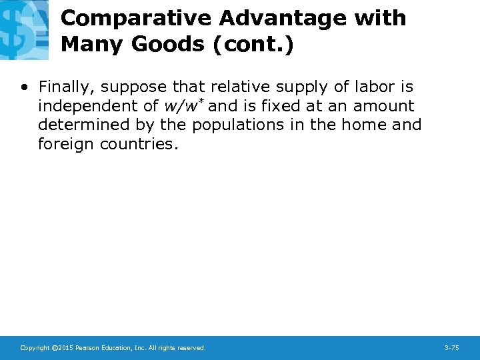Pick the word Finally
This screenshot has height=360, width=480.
(x=66, y=87)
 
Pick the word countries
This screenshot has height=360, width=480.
(x=139, y=143)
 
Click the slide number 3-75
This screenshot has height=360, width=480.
(x=451, y=348)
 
